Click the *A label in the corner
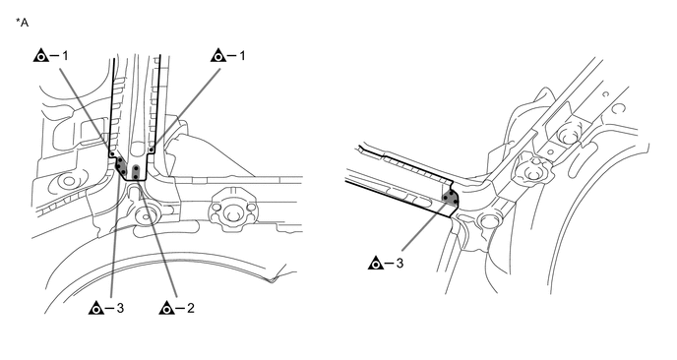point(22,23)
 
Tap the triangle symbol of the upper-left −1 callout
point(40,56)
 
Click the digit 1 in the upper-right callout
point(241,56)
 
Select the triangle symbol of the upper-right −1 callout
point(218,56)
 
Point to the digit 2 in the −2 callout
point(191,308)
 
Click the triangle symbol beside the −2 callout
point(166,308)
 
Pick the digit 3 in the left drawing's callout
point(120,308)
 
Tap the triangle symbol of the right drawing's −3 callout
point(376,263)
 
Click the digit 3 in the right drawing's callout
point(400,263)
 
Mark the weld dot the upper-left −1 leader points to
point(112,153)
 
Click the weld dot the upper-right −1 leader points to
point(152,150)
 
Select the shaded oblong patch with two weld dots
point(136,171)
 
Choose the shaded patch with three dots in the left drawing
point(120,166)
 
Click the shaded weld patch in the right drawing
point(451,198)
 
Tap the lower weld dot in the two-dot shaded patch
point(136,176)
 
